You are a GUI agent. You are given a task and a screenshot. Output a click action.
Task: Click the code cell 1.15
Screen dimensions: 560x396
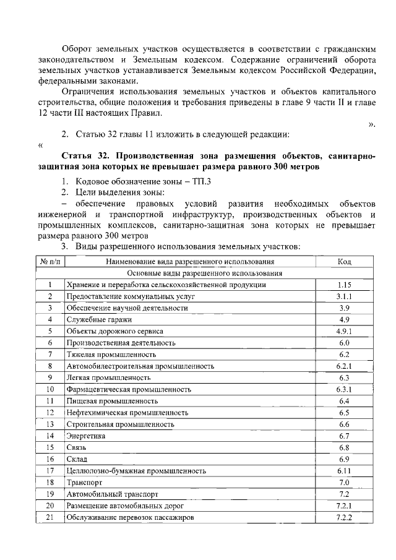click(345, 285)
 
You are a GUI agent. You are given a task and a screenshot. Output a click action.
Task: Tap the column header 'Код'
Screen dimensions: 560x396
click(345, 262)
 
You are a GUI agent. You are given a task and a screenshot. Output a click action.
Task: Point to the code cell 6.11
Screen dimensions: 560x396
click(345, 471)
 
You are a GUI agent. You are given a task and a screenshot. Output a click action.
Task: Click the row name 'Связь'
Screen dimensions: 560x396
click(77, 447)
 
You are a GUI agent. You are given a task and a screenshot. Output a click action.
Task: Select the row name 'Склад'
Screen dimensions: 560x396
click(77, 459)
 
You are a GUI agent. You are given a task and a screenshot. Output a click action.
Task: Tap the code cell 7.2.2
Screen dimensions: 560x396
click(345, 517)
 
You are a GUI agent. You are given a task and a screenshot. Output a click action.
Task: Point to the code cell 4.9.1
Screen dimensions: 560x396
click(345, 331)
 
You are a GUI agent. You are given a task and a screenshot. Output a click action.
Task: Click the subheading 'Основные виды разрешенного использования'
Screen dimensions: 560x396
click(205, 273)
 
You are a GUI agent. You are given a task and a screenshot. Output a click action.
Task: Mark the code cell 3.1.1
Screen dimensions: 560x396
click(345, 296)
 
